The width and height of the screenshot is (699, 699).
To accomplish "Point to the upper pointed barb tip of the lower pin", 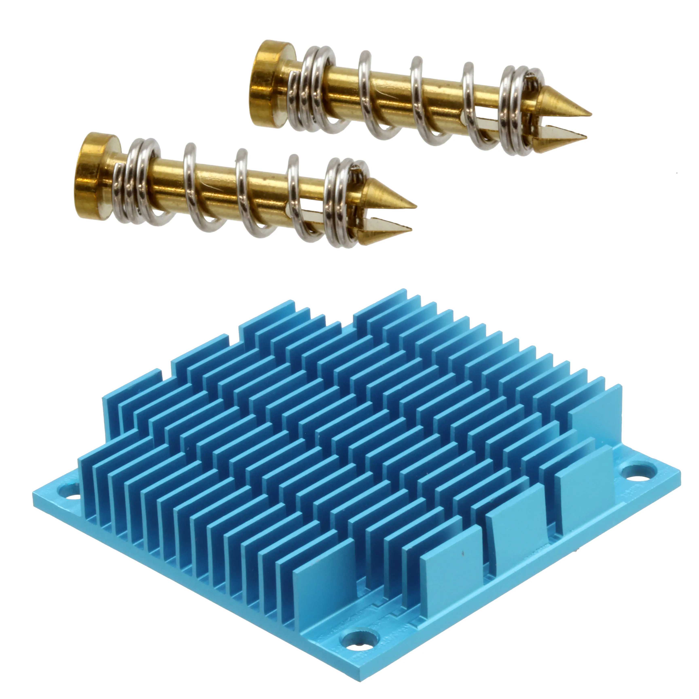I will coord(414,206).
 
